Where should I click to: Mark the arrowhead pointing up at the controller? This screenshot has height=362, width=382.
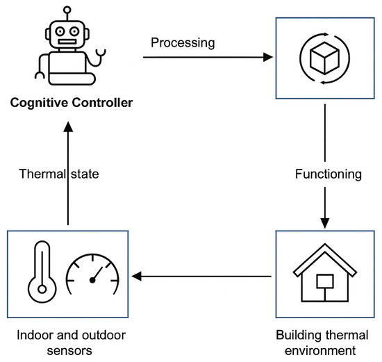(67, 130)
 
